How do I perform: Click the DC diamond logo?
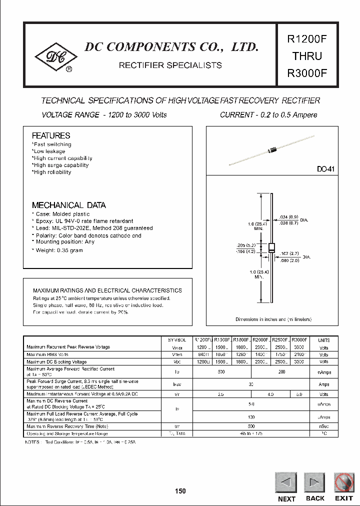pyautogui.click(x=55, y=58)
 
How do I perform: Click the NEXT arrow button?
pyautogui.click(x=285, y=482)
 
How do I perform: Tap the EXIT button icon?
pyautogui.click(x=343, y=482)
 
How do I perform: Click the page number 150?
pyautogui.click(x=180, y=491)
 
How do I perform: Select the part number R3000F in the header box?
pyautogui.click(x=306, y=72)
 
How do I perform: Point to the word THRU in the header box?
pyautogui.click(x=306, y=55)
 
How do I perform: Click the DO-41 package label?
pyautogui.click(x=325, y=169)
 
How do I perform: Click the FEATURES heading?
pyautogui.click(x=51, y=135)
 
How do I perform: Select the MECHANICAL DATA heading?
pyautogui.click(x=69, y=205)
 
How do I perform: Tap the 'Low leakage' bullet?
pyautogui.click(x=49, y=151)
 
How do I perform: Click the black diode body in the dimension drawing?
pyautogui.click(x=271, y=248)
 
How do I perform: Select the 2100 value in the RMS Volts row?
pyautogui.click(x=298, y=354)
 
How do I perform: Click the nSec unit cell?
pyautogui.click(x=324, y=426)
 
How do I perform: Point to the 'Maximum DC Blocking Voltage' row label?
pyautogui.click(x=56, y=361)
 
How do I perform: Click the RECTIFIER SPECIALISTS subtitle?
pyautogui.click(x=170, y=65)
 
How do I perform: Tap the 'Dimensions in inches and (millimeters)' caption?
pyautogui.click(x=273, y=319)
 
